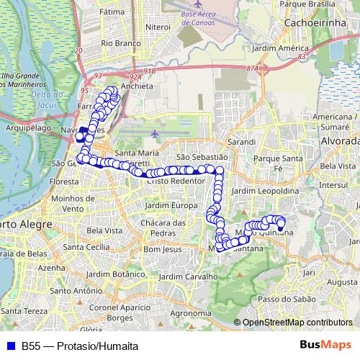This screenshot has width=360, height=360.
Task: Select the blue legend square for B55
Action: click(9, 346)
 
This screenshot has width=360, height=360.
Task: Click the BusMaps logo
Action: click(326, 345)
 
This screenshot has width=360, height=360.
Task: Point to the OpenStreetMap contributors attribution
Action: click(297, 322)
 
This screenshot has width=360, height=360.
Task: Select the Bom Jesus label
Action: click(160, 249)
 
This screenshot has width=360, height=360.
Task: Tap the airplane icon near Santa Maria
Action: click(157, 135)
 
